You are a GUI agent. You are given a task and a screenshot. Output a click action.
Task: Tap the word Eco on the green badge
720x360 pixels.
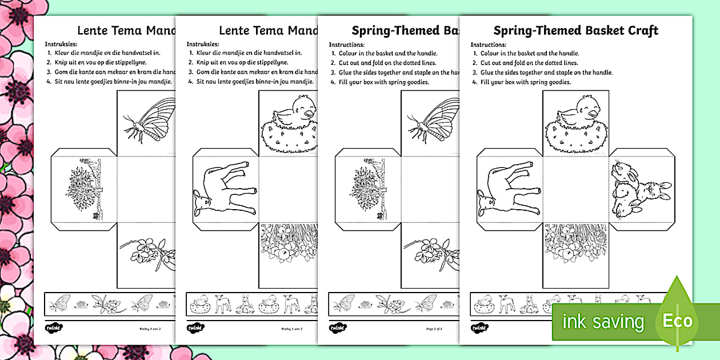[x=678, y=321]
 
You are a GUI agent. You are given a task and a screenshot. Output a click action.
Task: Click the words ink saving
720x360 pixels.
[x=603, y=322]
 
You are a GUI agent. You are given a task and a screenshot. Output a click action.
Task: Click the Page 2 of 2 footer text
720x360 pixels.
[x=434, y=329]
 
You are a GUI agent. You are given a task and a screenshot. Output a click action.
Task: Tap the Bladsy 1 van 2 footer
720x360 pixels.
[x=293, y=329]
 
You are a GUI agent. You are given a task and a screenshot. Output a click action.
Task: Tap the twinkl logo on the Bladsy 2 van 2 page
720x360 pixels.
[x=54, y=329]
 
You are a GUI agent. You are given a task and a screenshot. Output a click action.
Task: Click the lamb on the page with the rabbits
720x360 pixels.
[x=505, y=189]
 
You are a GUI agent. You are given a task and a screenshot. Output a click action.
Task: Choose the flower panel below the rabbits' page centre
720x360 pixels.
[x=575, y=246]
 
